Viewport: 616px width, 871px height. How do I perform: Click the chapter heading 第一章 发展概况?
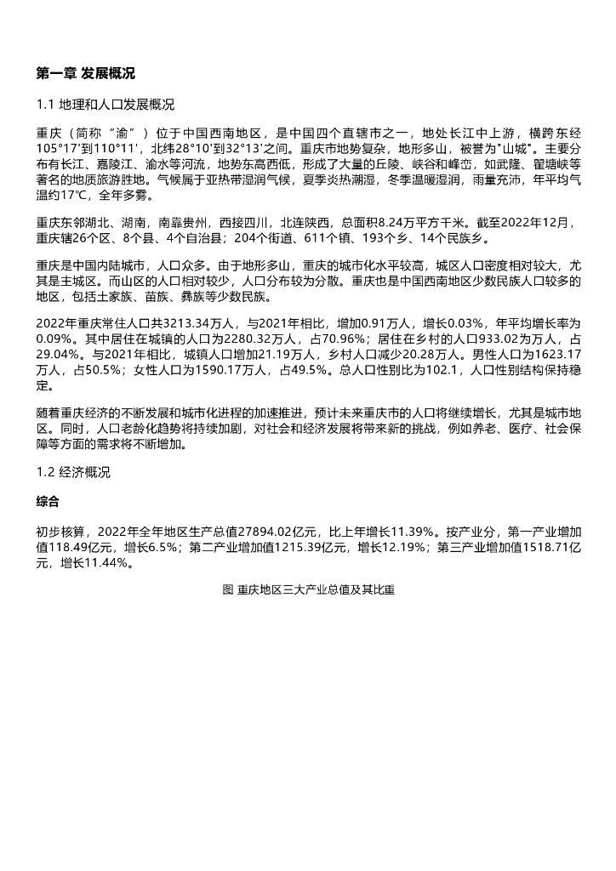tap(85, 74)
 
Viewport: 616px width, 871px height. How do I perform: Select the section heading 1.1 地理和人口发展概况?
tap(106, 105)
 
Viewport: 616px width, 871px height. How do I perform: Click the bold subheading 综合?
tap(48, 503)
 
